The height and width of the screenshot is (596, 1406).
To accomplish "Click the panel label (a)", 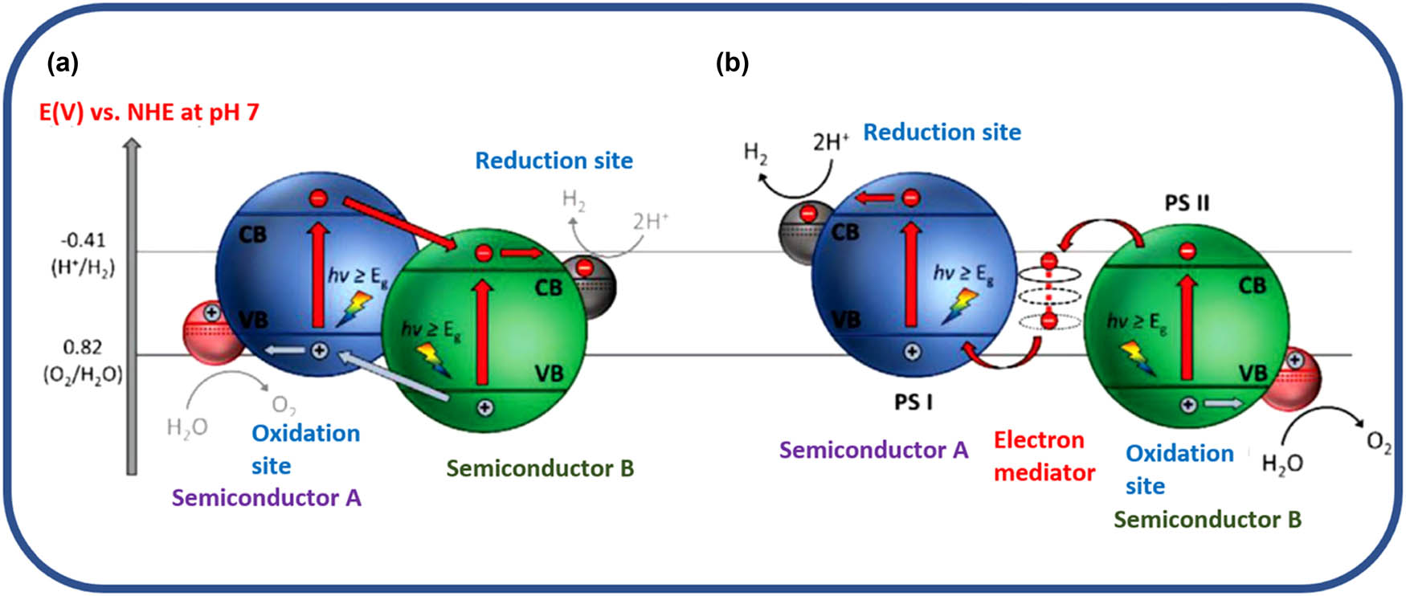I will (x=63, y=63).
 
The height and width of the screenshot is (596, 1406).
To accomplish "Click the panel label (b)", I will (x=732, y=63).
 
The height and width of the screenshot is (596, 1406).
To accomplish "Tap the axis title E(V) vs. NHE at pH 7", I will (x=149, y=112).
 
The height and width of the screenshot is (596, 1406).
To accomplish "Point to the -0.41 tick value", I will (x=83, y=240).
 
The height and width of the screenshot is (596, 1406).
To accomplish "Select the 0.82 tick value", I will (x=83, y=347).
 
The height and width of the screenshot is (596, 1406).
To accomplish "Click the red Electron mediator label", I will (x=1044, y=456).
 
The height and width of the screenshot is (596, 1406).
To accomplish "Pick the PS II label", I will (x=1187, y=202).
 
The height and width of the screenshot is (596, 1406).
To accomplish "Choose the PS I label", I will (x=913, y=401).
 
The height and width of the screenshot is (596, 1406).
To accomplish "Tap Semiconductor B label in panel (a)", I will (x=540, y=468).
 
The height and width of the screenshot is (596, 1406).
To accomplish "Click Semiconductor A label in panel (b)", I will (x=873, y=450).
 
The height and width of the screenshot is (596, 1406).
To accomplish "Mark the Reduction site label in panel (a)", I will (x=554, y=161).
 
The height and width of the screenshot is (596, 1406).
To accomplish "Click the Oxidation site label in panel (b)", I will (x=1179, y=469).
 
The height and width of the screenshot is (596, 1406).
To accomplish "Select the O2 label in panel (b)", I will (x=1379, y=443).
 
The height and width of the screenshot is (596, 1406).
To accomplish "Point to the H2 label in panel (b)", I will (x=755, y=152).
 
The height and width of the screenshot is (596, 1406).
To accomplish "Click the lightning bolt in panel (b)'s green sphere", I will (x=1138, y=357).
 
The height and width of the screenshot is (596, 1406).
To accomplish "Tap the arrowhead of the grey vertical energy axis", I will (x=133, y=145).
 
